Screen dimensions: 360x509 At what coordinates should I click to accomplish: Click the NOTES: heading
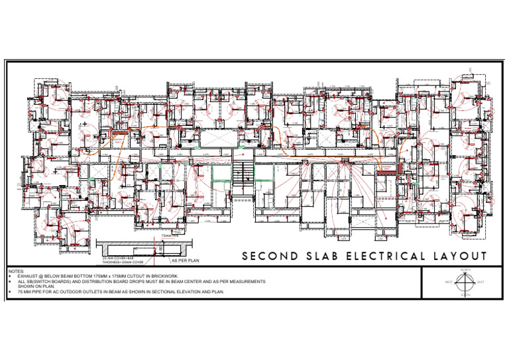[16, 271]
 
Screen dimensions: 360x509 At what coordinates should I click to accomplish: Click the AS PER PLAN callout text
[185, 261]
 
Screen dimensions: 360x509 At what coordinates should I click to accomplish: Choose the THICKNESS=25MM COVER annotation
[123, 262]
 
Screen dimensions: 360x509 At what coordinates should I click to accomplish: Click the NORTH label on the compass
[468, 270]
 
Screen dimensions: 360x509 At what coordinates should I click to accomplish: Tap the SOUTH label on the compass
[468, 296]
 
